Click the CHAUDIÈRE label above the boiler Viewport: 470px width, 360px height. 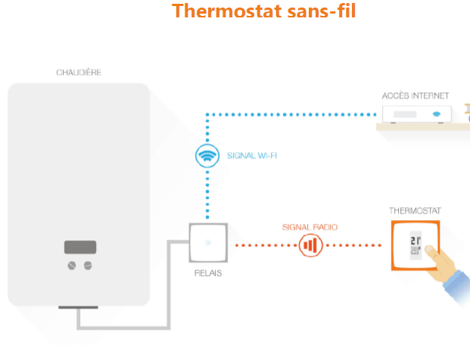click(79, 73)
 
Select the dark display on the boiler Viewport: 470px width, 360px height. click(79, 247)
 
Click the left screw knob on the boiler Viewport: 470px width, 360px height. click(72, 265)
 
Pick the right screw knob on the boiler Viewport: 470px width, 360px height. click(88, 265)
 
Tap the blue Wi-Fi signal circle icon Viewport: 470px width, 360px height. click(207, 157)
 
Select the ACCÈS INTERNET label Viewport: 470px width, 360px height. click(416, 96)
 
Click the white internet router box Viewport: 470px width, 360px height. click(417, 115)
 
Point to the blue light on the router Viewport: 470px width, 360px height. click(436, 115)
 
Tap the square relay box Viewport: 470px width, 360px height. click(207, 244)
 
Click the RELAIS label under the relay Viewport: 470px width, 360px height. click(207, 273)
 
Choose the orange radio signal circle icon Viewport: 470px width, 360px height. click(310, 244)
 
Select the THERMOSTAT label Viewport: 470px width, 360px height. click(415, 210)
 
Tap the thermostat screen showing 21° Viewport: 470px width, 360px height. click(415, 244)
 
